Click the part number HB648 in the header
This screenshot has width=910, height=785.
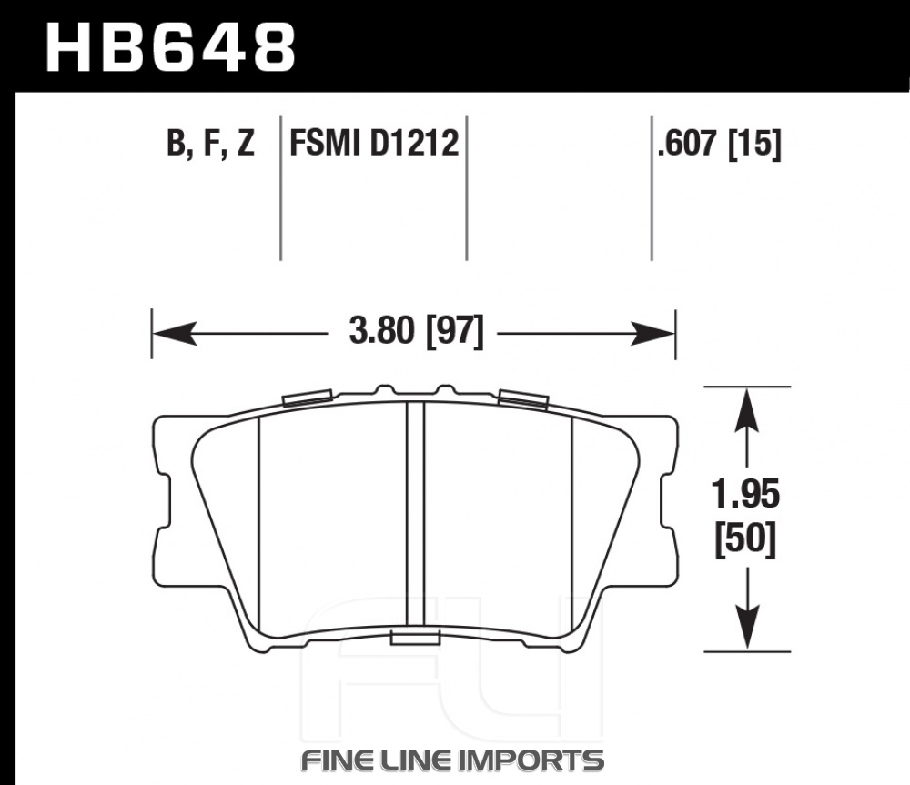(171, 47)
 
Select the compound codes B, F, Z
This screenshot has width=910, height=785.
(210, 143)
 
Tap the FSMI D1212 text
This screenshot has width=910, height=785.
(374, 143)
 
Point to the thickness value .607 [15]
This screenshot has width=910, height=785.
(719, 143)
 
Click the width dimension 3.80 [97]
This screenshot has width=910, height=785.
(416, 331)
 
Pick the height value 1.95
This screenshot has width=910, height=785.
(746, 495)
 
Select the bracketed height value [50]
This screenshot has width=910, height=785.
(746, 539)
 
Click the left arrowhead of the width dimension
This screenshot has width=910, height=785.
(174, 333)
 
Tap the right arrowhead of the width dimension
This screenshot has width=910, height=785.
(653, 333)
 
